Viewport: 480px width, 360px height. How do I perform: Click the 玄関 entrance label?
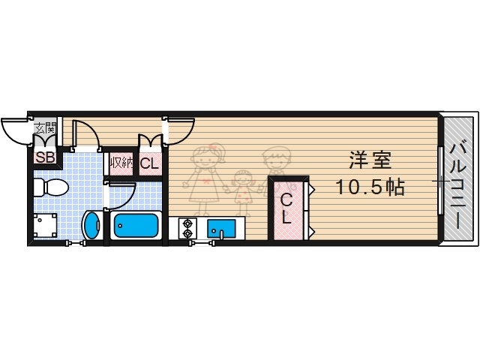click(44, 127)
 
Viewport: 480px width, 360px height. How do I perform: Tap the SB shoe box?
click(44, 157)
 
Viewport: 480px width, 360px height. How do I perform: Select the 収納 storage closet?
click(121, 163)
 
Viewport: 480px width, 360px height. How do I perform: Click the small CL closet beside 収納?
click(148, 163)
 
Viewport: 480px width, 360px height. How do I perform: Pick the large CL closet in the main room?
click(287, 208)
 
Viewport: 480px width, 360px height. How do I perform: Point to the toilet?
click(51, 187)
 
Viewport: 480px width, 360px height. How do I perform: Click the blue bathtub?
click(135, 226)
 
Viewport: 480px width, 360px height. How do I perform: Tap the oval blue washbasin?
click(91, 226)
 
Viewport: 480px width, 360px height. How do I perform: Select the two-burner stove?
click(186, 228)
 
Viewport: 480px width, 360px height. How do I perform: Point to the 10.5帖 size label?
click(370, 187)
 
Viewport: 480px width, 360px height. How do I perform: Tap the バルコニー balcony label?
click(458, 180)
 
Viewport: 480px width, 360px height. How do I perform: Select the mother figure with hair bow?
click(206, 176)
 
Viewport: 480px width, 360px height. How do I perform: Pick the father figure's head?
click(275, 158)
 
